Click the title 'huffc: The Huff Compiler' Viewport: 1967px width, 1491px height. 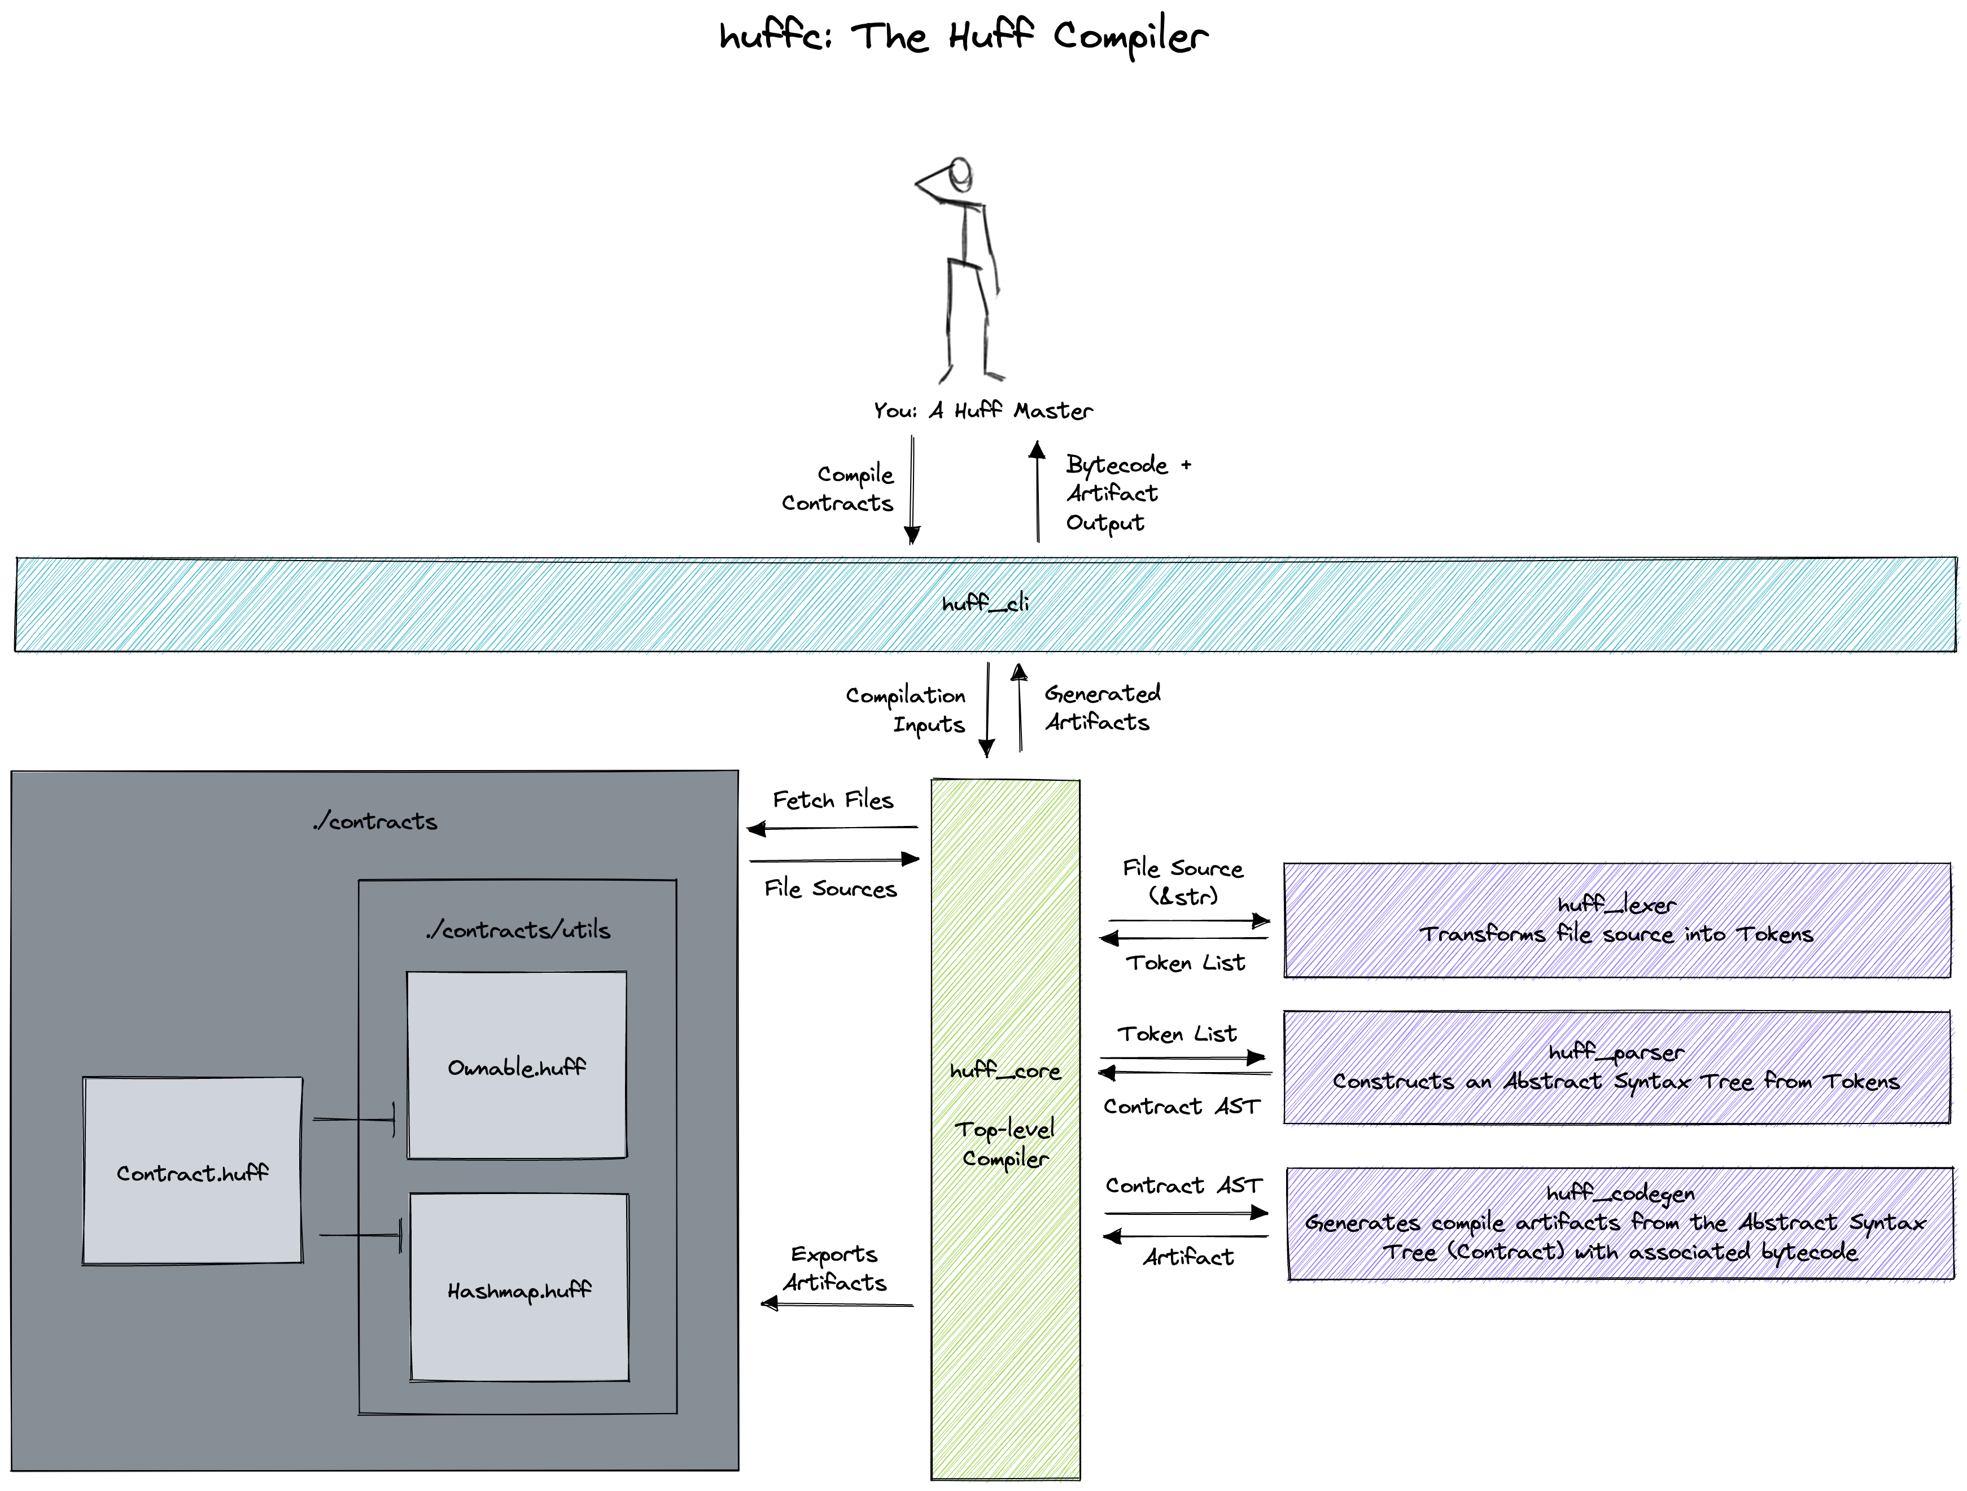click(963, 37)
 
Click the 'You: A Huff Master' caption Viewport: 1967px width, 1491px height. click(982, 411)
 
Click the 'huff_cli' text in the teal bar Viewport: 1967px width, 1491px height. click(985, 604)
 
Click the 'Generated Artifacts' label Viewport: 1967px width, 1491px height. click(1101, 708)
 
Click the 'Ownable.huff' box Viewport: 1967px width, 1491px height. click(517, 1065)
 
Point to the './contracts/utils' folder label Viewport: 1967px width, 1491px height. click(518, 930)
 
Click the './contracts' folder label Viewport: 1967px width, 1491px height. click(375, 821)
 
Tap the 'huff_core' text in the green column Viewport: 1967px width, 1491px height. click(1005, 1072)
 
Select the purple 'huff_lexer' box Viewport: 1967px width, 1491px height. click(1616, 920)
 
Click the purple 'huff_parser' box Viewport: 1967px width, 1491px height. click(1616, 1067)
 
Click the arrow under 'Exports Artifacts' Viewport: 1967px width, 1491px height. click(837, 1304)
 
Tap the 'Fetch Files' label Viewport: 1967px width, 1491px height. click(832, 800)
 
